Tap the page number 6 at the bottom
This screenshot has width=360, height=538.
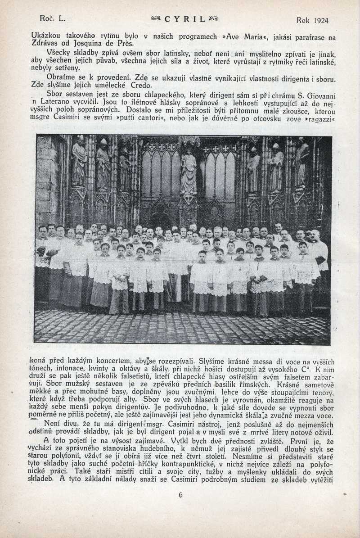[180, 495]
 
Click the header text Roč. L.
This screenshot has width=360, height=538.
[53, 19]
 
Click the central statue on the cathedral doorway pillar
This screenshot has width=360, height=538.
[189, 173]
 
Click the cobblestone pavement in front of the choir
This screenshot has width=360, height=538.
[180, 326]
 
